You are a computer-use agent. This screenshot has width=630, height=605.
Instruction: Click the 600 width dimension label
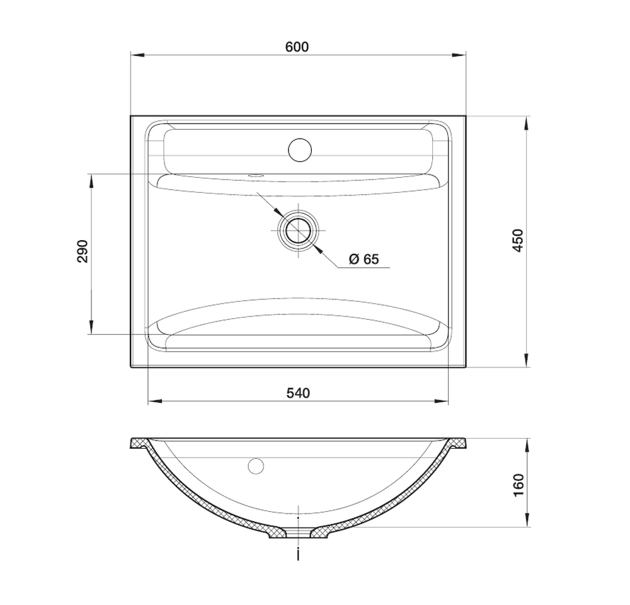point(297,47)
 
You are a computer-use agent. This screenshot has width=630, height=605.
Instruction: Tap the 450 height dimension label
point(518,240)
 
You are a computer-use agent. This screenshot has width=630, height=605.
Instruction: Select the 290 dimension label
point(83,251)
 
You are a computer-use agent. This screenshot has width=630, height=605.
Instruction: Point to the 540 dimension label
point(298,393)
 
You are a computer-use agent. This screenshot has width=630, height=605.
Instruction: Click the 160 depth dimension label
point(518,485)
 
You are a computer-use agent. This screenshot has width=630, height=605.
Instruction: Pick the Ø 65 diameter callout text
point(364,259)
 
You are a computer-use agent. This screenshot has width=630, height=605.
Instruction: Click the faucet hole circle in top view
point(300,150)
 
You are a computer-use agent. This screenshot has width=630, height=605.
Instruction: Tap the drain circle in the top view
point(298,230)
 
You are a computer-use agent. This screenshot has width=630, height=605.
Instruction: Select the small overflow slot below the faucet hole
point(255,176)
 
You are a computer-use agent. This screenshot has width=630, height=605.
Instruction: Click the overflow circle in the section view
point(256,466)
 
